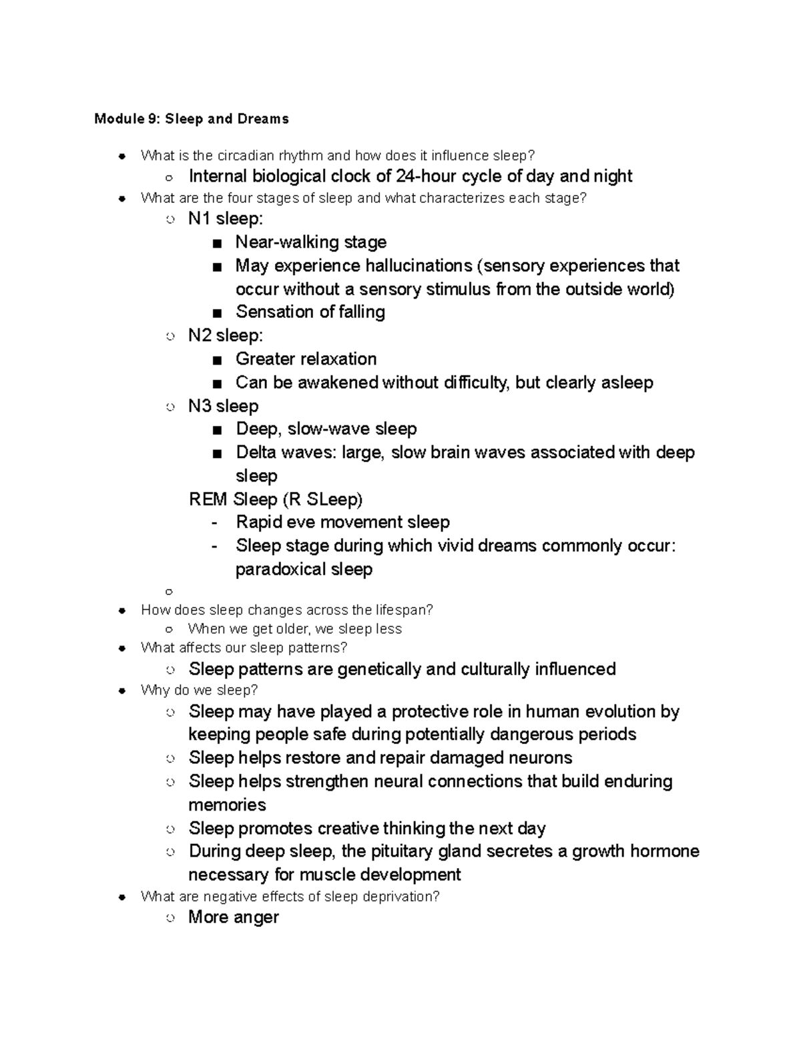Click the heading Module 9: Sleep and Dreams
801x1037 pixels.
click(192, 119)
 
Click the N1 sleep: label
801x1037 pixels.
click(226, 218)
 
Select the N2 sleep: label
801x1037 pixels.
click(226, 335)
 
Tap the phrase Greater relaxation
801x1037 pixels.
click(306, 359)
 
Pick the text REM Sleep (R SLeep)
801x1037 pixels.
click(276, 499)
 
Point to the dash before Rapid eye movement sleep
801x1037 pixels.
click(214, 523)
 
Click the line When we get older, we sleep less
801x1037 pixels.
click(294, 629)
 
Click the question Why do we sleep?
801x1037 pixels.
click(199, 690)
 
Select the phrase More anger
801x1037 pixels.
click(233, 917)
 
